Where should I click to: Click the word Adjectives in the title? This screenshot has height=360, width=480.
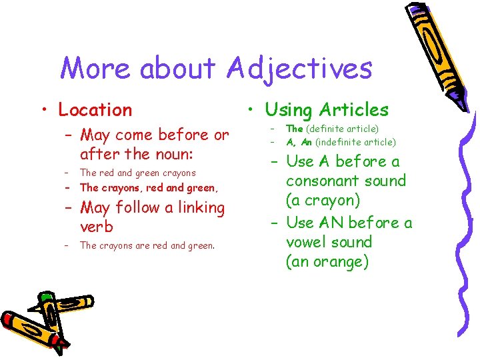(x=299, y=69)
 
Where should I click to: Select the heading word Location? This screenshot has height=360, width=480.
(x=95, y=110)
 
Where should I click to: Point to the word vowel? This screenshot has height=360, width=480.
(x=307, y=242)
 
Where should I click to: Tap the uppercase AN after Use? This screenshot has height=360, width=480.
(x=331, y=223)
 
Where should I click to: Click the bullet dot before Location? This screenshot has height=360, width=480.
(x=42, y=111)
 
